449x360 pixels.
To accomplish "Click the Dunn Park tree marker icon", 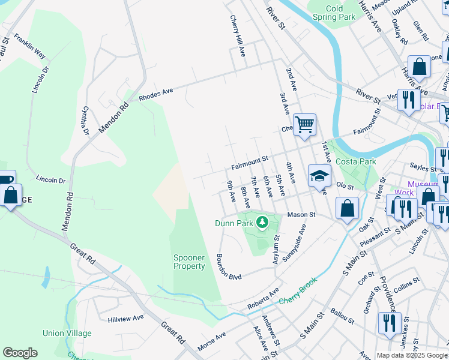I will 262,223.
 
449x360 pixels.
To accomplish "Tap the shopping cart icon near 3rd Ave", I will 305,124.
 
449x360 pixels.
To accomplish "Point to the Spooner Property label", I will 189,262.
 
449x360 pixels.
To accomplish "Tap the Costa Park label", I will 355,162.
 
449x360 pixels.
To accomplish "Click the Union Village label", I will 67,333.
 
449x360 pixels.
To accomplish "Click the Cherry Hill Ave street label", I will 235,36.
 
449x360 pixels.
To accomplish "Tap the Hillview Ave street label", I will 126,318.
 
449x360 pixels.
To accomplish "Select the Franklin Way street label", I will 30,46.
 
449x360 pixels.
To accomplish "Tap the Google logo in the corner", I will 20,353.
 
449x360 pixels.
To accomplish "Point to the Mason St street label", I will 301,214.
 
